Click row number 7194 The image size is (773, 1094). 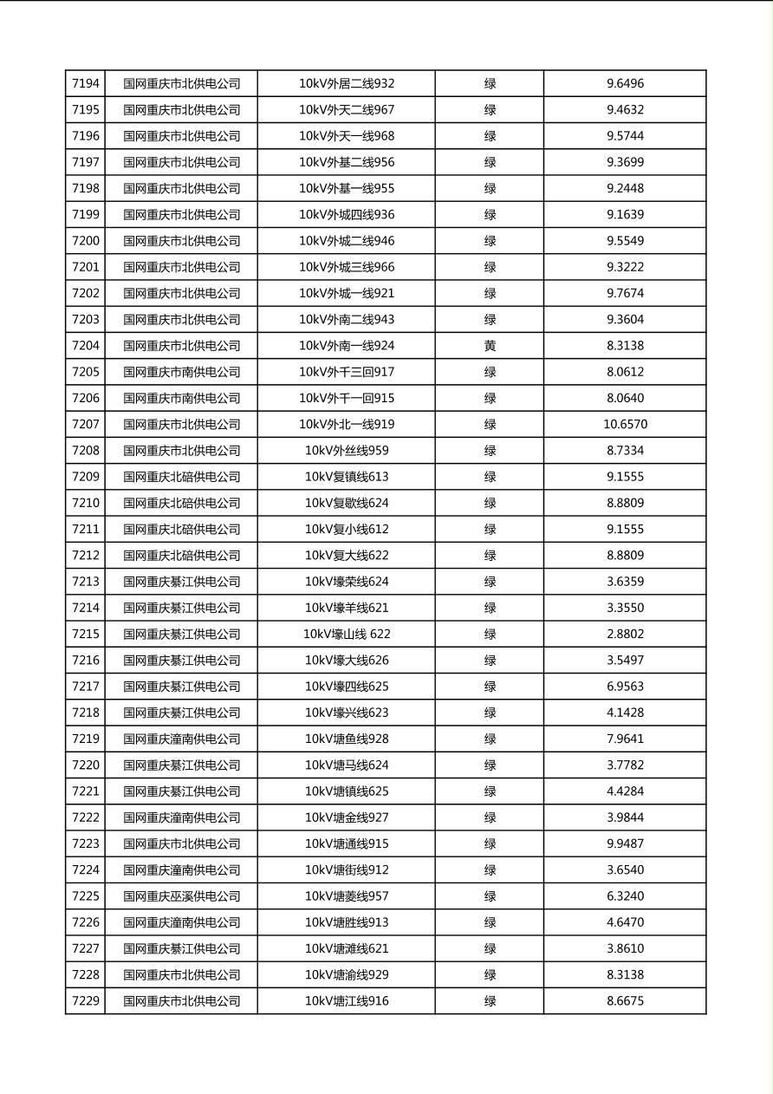86,84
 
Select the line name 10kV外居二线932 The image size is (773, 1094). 347,84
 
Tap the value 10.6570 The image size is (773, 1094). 625,425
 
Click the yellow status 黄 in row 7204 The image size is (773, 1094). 490,346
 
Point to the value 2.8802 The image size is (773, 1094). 625,635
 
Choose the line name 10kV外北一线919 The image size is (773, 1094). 347,425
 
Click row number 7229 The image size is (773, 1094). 86,1001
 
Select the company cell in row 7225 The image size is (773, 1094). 181,896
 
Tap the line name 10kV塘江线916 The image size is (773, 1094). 347,1001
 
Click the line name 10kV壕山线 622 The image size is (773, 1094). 347,635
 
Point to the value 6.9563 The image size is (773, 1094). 625,687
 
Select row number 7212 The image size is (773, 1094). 86,556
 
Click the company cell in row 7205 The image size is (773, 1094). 181,372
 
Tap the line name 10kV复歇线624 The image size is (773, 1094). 347,503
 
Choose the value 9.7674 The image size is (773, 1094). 625,293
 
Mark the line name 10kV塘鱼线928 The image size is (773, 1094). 347,739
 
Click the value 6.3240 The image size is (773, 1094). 625,896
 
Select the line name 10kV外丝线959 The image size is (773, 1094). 347,451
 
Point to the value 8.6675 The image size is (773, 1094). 625,1001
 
